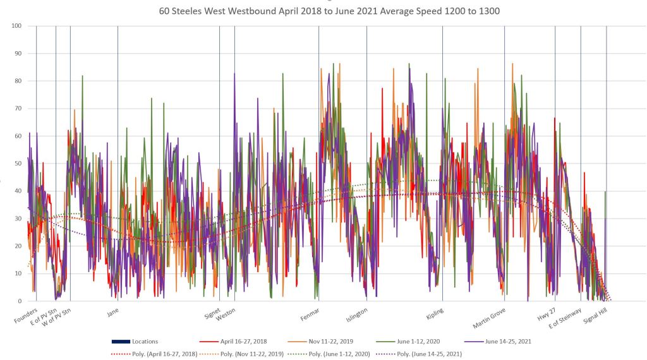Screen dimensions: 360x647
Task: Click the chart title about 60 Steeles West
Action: click(323, 12)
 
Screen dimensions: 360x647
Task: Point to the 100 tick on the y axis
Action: click(15, 26)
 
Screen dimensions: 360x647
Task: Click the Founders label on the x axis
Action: click(26, 315)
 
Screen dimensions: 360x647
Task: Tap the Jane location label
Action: click(112, 312)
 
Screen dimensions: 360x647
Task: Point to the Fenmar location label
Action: click(310, 314)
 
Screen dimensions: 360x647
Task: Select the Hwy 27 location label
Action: click(545, 314)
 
